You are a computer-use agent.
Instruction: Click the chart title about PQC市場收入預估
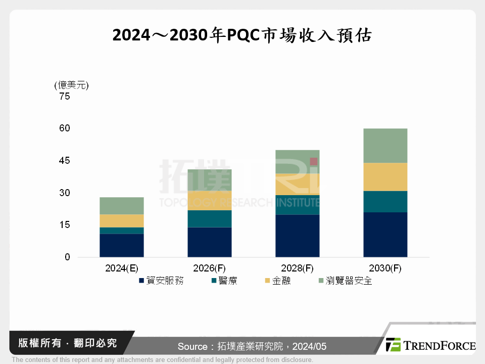point(242,35)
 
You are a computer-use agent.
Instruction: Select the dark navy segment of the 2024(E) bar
point(122,245)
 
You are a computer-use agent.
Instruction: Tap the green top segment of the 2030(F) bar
point(385,146)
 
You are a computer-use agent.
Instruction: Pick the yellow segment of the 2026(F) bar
point(210,200)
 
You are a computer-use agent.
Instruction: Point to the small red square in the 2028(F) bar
point(314,161)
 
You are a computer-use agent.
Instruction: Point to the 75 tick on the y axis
point(64,97)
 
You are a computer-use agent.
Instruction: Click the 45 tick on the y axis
point(64,161)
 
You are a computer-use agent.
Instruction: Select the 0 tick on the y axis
point(67,257)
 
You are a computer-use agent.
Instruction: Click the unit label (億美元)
point(71,85)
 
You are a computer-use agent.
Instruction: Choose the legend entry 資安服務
point(161,281)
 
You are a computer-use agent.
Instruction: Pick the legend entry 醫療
point(223,281)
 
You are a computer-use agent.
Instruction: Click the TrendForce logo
point(430,345)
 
